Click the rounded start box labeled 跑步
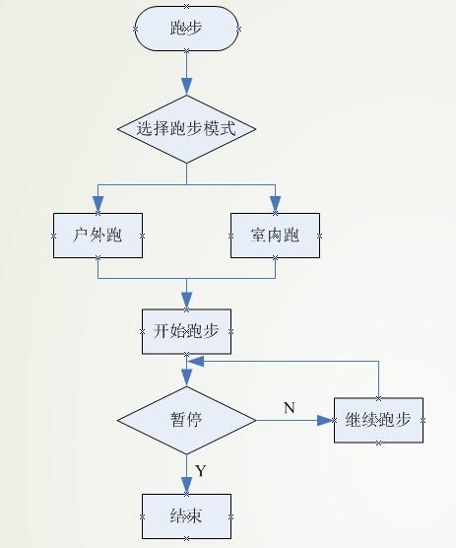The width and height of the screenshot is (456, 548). (186, 29)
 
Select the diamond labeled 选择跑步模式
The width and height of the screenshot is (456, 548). (186, 129)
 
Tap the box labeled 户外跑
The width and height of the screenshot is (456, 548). (98, 236)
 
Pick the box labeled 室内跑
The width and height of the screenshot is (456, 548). (275, 236)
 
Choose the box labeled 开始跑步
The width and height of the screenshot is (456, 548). (186, 331)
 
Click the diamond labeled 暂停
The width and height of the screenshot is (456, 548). (186, 420)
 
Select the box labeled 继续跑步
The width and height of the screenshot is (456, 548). (378, 420)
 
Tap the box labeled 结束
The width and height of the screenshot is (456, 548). (186, 516)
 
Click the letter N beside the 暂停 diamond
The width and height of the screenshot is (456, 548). (290, 408)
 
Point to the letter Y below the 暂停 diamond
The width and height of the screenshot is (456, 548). (201, 471)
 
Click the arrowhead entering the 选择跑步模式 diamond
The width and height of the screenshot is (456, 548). (186, 87)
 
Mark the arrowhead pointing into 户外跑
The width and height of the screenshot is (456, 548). (98, 204)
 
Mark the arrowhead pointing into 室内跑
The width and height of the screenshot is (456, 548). (276, 204)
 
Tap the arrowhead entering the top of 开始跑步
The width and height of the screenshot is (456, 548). (186, 301)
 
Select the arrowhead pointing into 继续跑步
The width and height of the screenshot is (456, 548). (325, 420)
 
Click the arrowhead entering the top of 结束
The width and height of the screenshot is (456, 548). (186, 486)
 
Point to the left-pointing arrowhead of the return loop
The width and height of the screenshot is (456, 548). (196, 362)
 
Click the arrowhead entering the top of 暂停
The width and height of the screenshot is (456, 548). (186, 377)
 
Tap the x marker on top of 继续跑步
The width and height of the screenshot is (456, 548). (378, 398)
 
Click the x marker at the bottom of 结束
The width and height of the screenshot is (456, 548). (186, 538)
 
